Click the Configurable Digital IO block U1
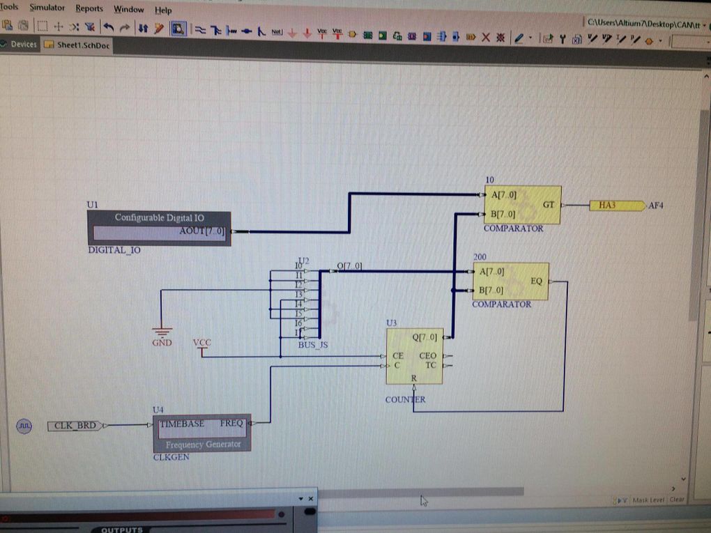[158, 228]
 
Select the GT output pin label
[549, 205]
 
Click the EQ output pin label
[536, 281]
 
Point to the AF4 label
[656, 206]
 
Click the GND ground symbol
[161, 334]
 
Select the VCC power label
[201, 343]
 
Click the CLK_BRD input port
[76, 425]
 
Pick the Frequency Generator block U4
[201, 433]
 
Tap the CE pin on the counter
[398, 356]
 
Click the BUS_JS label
[312, 345]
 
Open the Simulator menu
[47, 8]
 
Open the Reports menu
[89, 9]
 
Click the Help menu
[163, 10]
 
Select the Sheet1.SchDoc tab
[77, 45]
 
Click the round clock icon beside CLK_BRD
[24, 426]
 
